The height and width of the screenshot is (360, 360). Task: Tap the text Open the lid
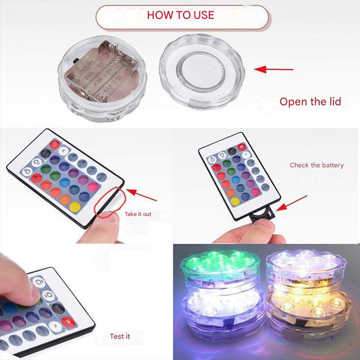pyautogui.click(x=310, y=101)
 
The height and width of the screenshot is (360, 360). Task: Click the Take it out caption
pyautogui.click(x=138, y=214)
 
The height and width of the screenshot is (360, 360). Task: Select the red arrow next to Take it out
pyautogui.click(x=141, y=194)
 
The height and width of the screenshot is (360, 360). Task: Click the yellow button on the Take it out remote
pyautogui.click(x=76, y=207)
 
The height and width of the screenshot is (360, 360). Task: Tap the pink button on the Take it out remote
pyautogui.click(x=93, y=187)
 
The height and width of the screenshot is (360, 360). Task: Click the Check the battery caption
pyautogui.click(x=316, y=165)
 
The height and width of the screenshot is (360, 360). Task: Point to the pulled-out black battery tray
pyautogui.click(x=262, y=214)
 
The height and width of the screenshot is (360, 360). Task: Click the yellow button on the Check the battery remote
pyautogui.click(x=235, y=201)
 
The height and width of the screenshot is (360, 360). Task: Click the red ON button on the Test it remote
pyautogui.click(x=68, y=321)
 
